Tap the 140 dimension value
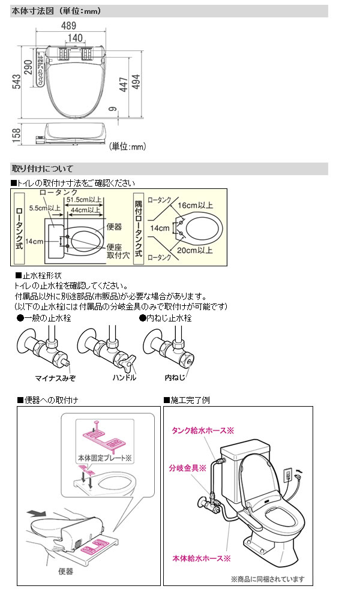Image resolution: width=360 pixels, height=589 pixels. pyautogui.click(x=76, y=38)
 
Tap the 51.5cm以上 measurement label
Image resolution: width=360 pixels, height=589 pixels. pyautogui.click(x=85, y=200)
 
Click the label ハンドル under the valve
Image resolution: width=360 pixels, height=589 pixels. pyautogui.click(x=124, y=378)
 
